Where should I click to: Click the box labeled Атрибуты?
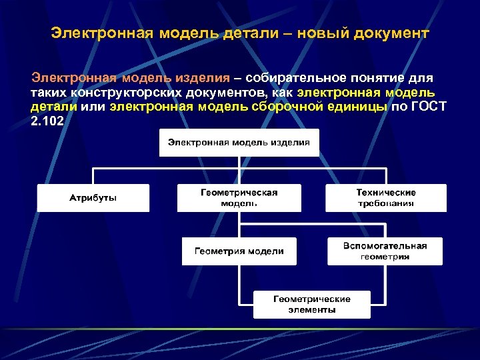[x=93, y=198]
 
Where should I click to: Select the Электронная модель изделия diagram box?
[x=239, y=143]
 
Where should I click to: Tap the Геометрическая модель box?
[x=239, y=198]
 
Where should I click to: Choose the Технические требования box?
[x=386, y=198]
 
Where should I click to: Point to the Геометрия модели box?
[x=239, y=251]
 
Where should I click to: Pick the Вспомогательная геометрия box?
[x=385, y=251]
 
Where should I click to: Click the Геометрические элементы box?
[x=311, y=305]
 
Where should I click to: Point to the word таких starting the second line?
[x=47, y=92]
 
